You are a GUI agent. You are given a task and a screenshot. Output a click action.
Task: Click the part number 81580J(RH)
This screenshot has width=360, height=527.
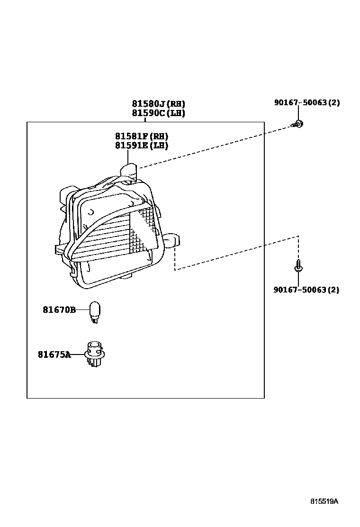pyautogui.click(x=158, y=103)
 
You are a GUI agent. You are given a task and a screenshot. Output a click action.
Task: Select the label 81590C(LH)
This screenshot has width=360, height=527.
pyautogui.click(x=158, y=113)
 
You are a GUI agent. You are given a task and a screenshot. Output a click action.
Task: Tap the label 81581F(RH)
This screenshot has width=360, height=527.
pyautogui.click(x=141, y=136)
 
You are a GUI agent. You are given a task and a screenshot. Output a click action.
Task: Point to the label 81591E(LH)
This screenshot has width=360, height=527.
pyautogui.click(x=141, y=145)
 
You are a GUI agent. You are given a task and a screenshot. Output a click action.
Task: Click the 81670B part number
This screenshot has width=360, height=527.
pyautogui.click(x=59, y=309)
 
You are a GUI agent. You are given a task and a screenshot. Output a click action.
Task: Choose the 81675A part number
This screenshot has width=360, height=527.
pyautogui.click(x=54, y=354)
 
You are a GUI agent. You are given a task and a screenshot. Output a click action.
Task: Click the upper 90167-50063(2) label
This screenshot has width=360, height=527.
pyautogui.click(x=306, y=102)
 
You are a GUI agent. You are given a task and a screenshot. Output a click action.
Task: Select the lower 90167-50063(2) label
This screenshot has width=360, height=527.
pyautogui.click(x=306, y=290)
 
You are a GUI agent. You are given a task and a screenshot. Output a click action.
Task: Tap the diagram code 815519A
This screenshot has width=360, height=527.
pyautogui.click(x=324, y=501)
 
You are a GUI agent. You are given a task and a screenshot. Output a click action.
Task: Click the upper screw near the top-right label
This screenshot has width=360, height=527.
pyautogui.click(x=298, y=124)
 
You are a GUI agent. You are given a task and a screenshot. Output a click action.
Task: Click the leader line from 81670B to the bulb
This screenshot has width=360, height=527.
pyautogui.click(x=82, y=309)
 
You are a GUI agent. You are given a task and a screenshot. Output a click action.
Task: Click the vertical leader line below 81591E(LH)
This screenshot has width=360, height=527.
pyautogui.click(x=127, y=157)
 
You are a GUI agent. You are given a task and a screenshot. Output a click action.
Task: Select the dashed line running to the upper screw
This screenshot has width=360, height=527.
pyautogui.click(x=213, y=146)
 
